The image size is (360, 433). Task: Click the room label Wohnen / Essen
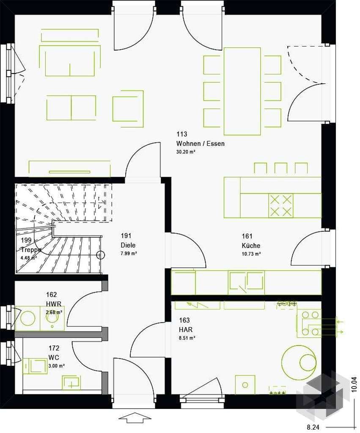201,144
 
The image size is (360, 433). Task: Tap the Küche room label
251,246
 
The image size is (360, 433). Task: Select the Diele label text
128,245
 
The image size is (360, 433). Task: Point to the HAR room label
186,329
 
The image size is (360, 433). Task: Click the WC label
54,357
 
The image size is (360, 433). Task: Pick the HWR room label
54,304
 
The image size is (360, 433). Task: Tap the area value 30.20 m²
186,152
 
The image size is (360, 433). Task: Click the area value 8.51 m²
187,337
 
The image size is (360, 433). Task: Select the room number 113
182,134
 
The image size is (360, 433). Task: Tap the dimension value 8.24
313,427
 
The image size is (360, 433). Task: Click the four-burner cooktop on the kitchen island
281,206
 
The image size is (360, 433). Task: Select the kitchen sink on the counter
246,282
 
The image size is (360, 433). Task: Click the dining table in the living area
242,91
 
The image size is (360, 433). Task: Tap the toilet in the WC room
35,366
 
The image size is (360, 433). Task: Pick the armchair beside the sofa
128,109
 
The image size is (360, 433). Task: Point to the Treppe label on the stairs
31,249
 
